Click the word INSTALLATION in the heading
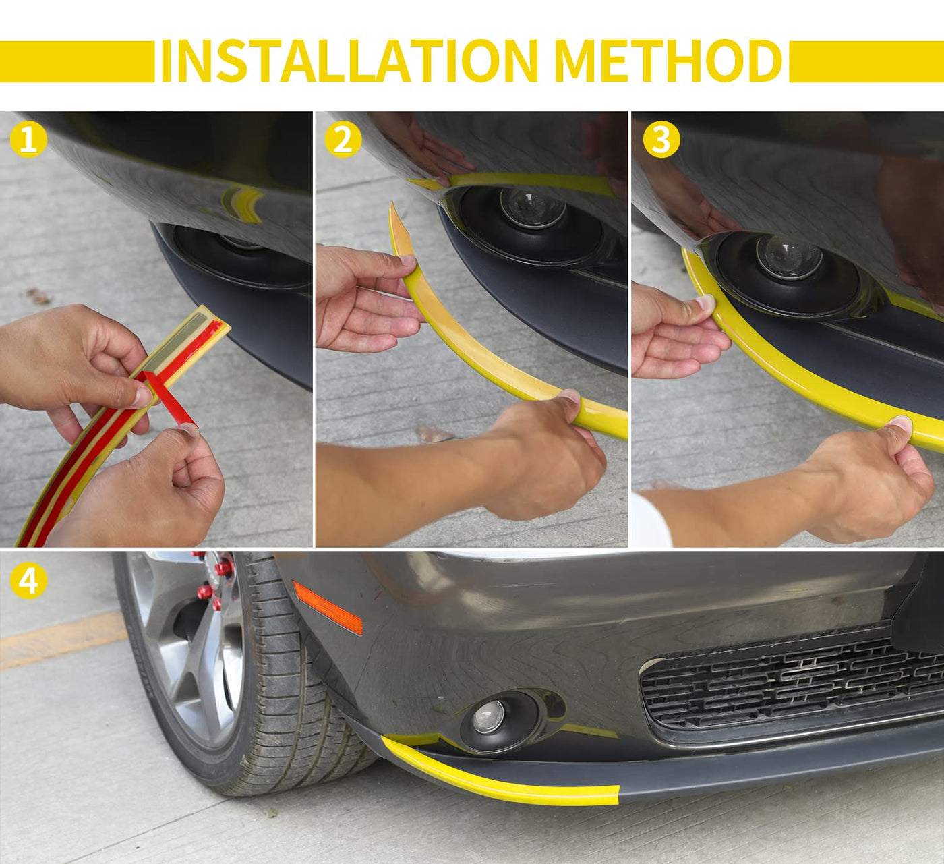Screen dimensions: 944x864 (x=349, y=61)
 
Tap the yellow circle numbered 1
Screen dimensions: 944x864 (x=28, y=140)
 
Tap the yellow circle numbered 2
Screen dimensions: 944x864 (x=343, y=140)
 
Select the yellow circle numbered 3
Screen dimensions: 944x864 (x=661, y=140)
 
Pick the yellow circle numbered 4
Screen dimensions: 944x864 (x=28, y=581)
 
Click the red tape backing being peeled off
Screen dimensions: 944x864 (x=169, y=399)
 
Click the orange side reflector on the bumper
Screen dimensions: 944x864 (x=328, y=608)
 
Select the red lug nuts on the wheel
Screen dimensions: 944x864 (x=214, y=579)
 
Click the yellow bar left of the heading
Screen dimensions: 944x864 (x=77, y=61)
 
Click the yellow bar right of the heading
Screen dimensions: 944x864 (x=866, y=61)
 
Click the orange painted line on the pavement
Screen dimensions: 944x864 (x=63, y=640)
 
